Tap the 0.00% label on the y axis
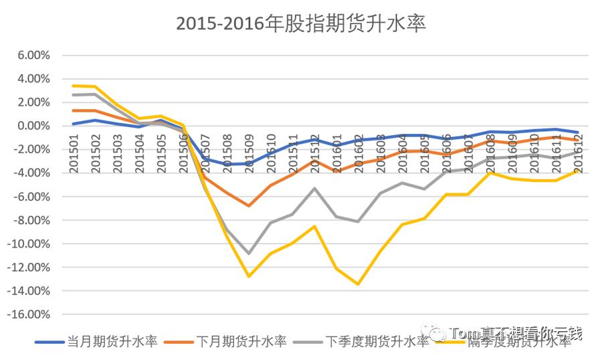tap(32, 126)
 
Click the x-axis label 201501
tap(74, 153)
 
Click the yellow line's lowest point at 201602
tap(358, 284)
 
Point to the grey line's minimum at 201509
tap(249, 254)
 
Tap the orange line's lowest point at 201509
tap(249, 205)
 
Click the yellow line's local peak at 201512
tap(314, 226)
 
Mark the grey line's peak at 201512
tap(314, 188)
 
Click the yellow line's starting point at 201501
tap(74, 86)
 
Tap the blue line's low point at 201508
tap(227, 164)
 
